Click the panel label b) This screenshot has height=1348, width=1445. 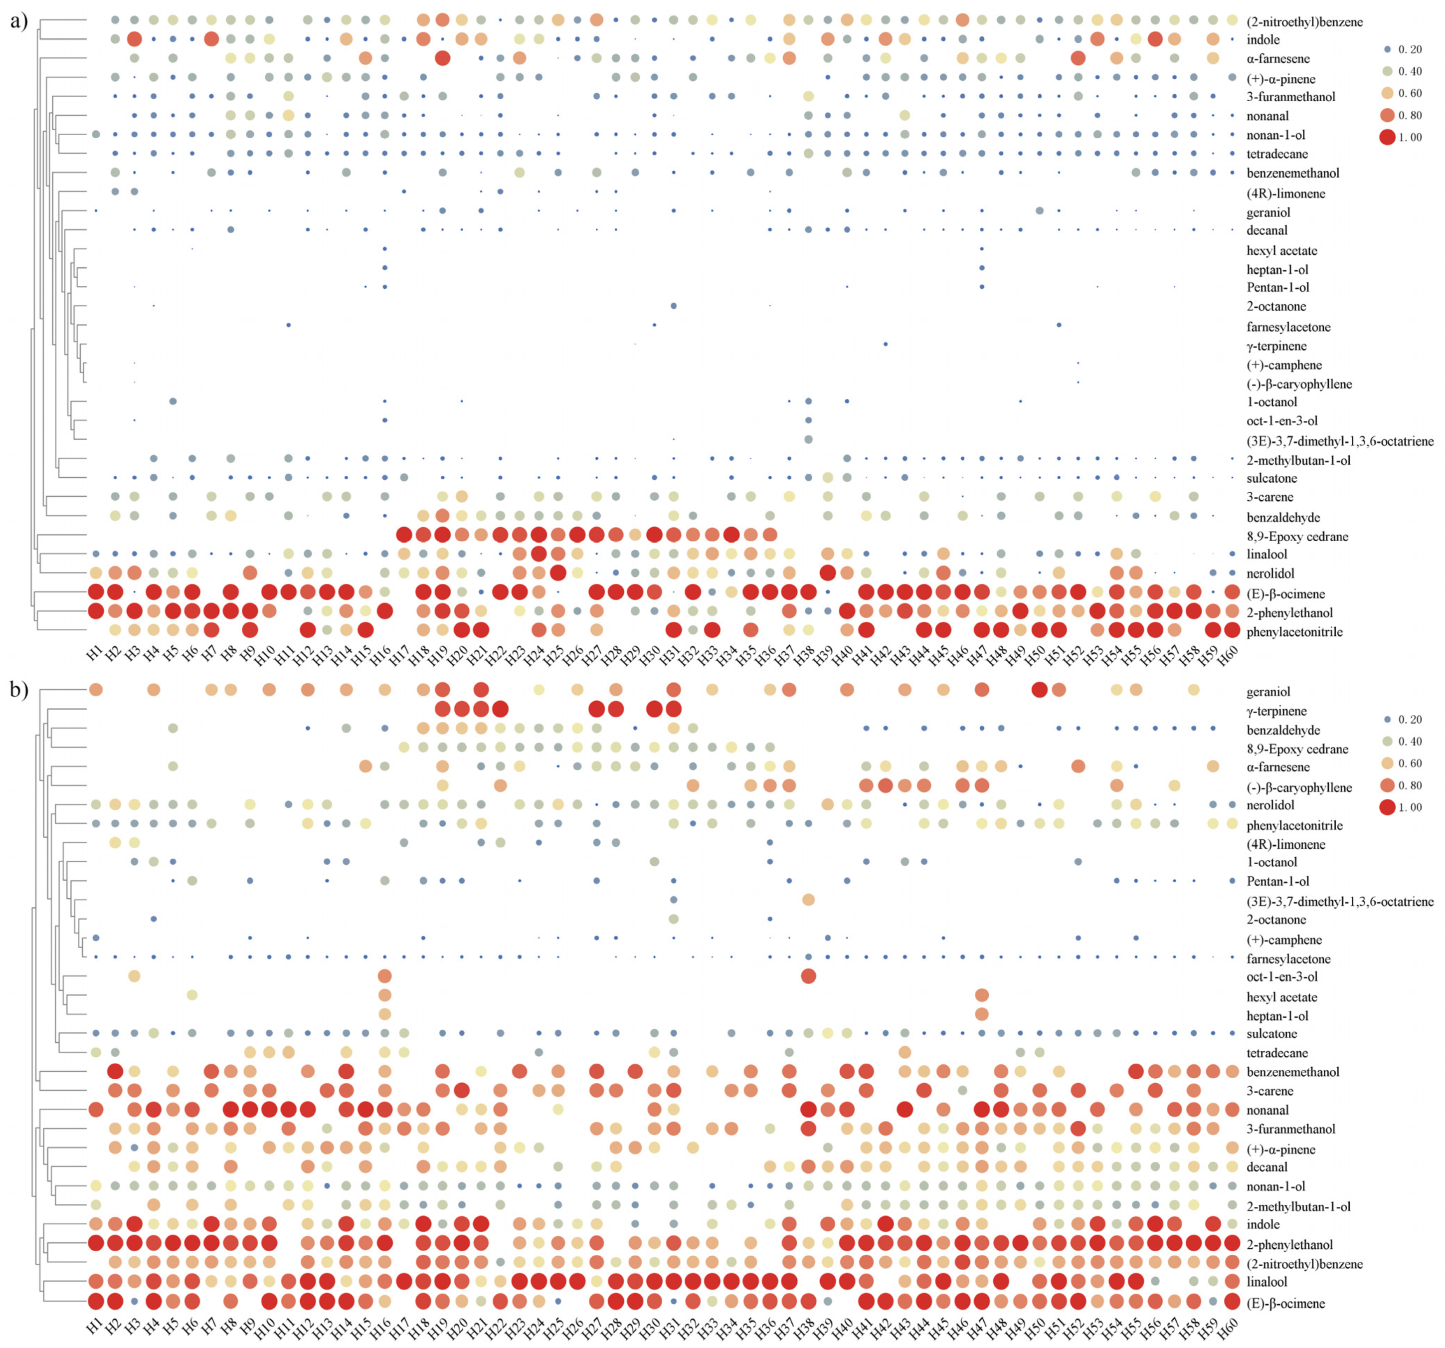(19, 689)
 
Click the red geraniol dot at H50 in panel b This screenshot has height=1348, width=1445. (1040, 689)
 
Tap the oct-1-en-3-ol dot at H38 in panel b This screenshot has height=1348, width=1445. (808, 976)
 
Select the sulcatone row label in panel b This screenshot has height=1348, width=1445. (1271, 1033)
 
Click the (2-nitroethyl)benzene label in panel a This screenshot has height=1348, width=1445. (1304, 22)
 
